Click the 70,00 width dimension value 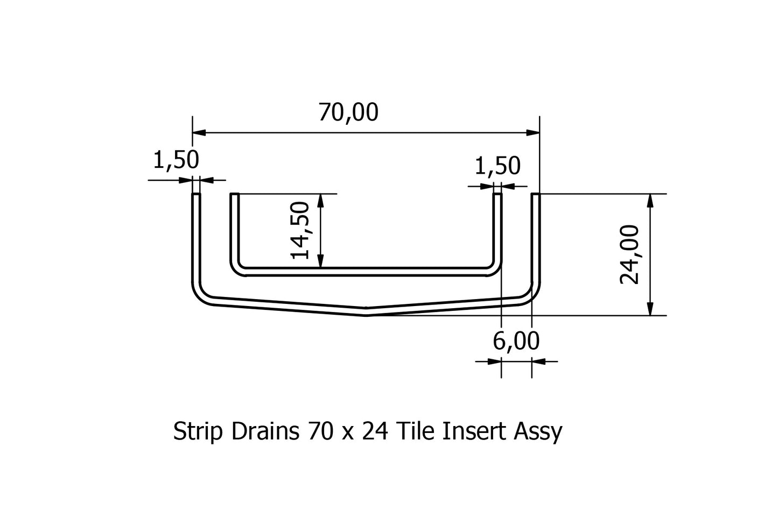(348, 112)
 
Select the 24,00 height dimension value (629, 254)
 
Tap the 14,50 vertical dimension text (300, 230)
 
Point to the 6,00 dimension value (516, 341)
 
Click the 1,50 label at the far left (176, 160)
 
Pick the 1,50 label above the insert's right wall (497, 166)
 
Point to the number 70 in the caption (320, 431)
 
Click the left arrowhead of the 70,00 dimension (199, 132)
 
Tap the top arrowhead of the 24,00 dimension (650, 200)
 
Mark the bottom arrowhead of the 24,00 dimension (650, 309)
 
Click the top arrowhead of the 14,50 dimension (321, 200)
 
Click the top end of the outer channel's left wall (197, 195)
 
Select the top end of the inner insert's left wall (234, 195)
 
